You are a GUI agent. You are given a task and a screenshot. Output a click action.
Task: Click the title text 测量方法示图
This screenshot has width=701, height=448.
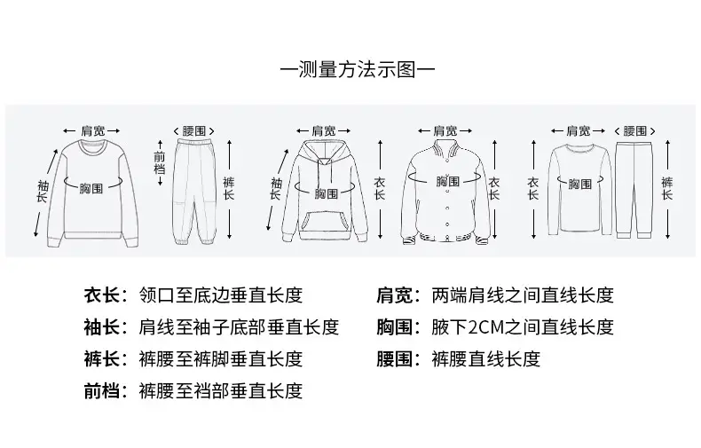coord(358,70)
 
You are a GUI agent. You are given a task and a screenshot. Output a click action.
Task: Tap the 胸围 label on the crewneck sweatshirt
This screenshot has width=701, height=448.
coord(91,188)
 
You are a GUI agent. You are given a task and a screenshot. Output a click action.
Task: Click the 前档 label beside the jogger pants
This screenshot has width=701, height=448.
coord(160,162)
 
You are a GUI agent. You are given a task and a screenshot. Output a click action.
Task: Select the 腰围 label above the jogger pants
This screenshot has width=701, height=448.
coord(194,131)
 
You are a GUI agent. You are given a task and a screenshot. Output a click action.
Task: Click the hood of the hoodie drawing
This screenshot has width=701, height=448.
coord(325,153)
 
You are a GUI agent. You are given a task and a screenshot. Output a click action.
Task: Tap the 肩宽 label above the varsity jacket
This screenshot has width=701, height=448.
coord(445,131)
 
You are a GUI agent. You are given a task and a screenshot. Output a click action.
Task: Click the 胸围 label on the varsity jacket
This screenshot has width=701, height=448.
coord(448,181)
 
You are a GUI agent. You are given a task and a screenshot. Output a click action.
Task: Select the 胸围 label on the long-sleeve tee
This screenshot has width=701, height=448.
coord(579,184)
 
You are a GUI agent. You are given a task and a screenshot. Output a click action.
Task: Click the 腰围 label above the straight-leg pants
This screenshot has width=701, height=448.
coord(634,131)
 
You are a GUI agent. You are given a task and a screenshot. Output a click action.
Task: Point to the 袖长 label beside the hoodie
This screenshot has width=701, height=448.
coord(276,189)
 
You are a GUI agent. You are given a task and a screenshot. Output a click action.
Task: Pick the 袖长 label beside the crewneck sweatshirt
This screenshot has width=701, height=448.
coord(43,192)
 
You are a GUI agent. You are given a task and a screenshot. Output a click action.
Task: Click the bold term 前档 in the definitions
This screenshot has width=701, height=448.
coord(102,390)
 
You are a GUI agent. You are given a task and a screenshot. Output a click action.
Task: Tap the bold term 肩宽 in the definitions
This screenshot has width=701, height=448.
coord(394,295)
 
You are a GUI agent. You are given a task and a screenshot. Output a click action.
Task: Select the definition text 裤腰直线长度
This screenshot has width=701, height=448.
coord(486,359)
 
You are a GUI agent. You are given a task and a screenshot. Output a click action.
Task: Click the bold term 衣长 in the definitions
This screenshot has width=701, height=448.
coord(102,295)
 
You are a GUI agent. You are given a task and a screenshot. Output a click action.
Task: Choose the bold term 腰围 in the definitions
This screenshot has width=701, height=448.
coord(394,359)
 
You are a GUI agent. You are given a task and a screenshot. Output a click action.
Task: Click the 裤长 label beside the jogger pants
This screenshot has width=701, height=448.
coord(228,189)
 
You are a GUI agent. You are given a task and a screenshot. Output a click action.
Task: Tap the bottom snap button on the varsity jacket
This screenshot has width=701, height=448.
coord(447,224)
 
